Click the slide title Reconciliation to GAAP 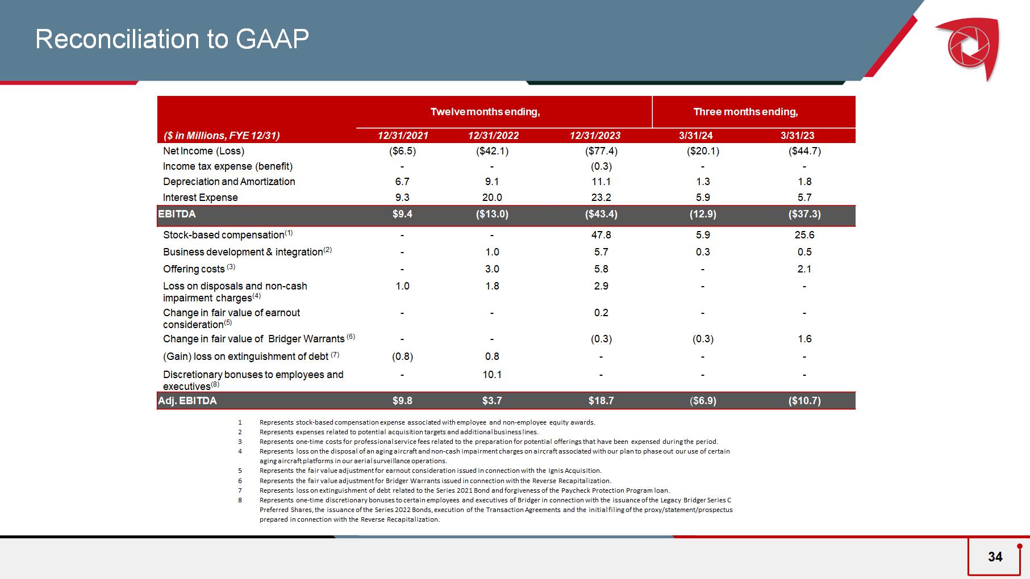[x=172, y=39]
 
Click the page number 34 [x=995, y=557]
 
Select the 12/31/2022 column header [x=493, y=136]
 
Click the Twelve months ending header [x=485, y=112]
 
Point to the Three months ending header [x=745, y=112]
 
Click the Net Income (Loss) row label [x=203, y=151]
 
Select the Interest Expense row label [x=200, y=198]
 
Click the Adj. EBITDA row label [x=187, y=401]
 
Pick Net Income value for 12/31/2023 [x=601, y=151]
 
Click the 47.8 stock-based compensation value [x=601, y=235]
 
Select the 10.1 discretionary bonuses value [x=492, y=375]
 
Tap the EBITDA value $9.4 [x=402, y=214]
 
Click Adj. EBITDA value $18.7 [x=601, y=401]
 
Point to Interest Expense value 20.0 [x=492, y=198]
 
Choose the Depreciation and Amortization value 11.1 [x=601, y=182]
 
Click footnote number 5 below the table [x=240, y=471]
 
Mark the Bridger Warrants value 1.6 [x=804, y=339]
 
